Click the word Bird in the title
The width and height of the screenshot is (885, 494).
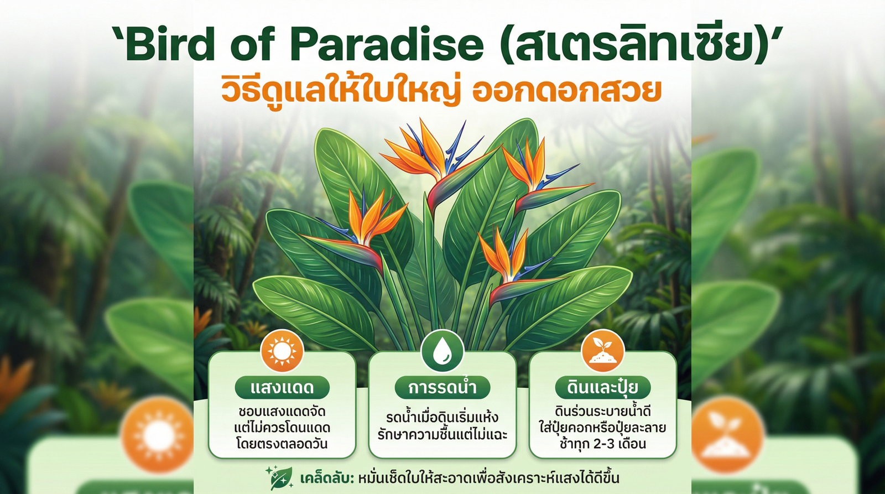[x=169, y=44]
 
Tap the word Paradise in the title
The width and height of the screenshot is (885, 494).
[x=387, y=44]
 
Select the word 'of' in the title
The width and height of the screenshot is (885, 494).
[x=252, y=44]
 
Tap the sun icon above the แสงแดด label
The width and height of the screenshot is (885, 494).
[x=282, y=351]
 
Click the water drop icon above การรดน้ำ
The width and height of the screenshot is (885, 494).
[x=442, y=351]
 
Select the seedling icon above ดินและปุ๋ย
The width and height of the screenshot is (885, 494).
[x=602, y=351]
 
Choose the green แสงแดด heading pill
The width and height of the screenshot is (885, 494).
[x=282, y=387]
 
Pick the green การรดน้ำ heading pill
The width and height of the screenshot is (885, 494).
[x=442, y=387]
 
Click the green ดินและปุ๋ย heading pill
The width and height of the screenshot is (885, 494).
[x=603, y=387]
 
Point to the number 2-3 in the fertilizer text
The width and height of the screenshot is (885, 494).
[x=600, y=444]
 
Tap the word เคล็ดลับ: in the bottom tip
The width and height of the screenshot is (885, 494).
[x=326, y=478]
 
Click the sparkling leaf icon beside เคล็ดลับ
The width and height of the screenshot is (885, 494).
[x=280, y=478]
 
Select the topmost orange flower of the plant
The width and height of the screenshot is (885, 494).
[x=426, y=149]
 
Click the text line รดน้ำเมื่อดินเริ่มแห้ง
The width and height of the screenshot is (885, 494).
[x=442, y=418]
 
